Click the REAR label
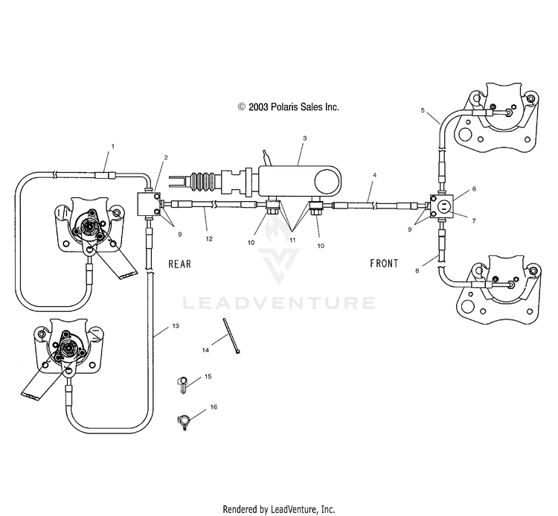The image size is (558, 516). (180, 264)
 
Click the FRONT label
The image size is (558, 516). (384, 263)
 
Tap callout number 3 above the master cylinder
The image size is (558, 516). (304, 138)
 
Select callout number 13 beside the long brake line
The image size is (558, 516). (176, 326)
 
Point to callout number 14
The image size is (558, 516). (205, 350)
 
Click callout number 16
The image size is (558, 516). (214, 407)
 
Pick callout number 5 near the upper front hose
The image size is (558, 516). (423, 110)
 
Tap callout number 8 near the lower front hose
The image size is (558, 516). (417, 270)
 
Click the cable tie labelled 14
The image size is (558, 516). (231, 336)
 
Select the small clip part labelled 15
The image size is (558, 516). (182, 385)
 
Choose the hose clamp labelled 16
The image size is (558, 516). (184, 421)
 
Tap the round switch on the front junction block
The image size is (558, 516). (444, 206)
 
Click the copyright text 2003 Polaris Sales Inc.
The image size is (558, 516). (288, 106)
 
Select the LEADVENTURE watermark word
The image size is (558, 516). (279, 303)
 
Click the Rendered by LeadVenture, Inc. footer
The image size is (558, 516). (279, 509)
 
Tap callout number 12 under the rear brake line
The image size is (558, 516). (209, 238)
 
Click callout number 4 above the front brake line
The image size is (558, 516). (374, 175)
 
